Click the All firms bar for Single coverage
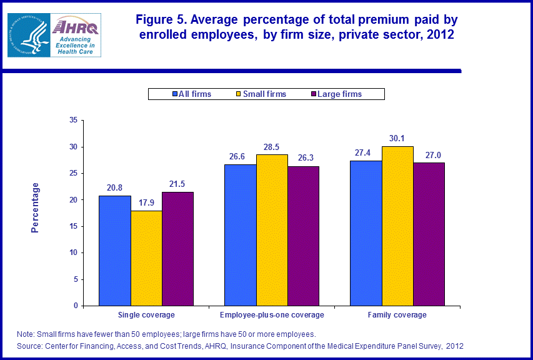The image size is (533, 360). (x=115, y=251)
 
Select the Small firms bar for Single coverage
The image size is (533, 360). (x=146, y=258)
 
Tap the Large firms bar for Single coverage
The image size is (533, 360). (x=177, y=249)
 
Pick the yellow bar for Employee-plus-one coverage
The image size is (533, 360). (x=272, y=230)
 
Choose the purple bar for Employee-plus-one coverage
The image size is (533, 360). (x=303, y=236)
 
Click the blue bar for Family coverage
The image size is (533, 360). (x=366, y=233)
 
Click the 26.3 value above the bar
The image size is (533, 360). (x=303, y=159)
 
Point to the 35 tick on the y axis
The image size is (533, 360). (x=73, y=120)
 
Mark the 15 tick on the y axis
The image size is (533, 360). (x=73, y=226)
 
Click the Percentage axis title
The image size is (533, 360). (x=36, y=207)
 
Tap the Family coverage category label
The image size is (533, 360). (x=397, y=315)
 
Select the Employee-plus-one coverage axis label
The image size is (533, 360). (x=272, y=315)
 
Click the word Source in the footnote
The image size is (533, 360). (x=29, y=346)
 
